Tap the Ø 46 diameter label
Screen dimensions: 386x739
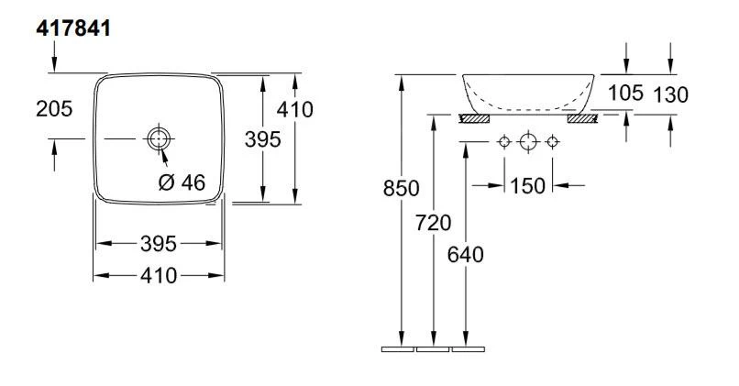(x=182, y=182)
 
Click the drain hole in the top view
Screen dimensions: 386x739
(x=160, y=138)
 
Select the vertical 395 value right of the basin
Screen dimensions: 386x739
(x=262, y=138)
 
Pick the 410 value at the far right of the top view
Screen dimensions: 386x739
(x=295, y=109)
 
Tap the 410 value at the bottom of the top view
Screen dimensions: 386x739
(x=160, y=275)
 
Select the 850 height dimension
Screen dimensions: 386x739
(x=401, y=189)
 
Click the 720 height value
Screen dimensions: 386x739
(x=434, y=222)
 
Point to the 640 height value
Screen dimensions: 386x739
(x=467, y=254)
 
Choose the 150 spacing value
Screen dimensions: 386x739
(x=527, y=185)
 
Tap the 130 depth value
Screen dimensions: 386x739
(x=671, y=94)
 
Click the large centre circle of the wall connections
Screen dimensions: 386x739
(x=527, y=142)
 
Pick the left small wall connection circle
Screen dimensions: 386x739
(x=502, y=142)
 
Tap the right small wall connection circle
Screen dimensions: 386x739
(x=552, y=142)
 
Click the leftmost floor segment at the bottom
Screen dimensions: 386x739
(x=398, y=349)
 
